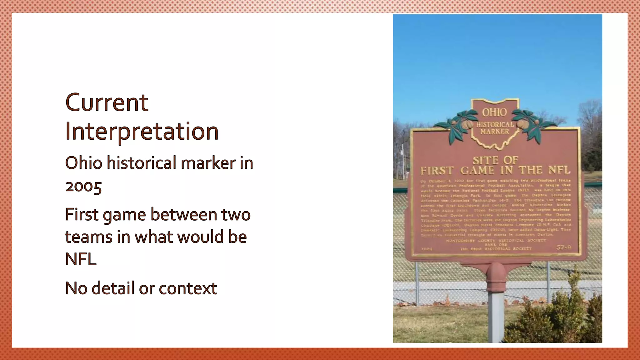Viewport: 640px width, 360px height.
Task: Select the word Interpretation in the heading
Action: pyautogui.click(x=142, y=132)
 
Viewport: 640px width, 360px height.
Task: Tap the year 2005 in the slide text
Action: pyautogui.click(x=83, y=187)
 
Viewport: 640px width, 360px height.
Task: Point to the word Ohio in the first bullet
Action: pyautogui.click(x=83, y=163)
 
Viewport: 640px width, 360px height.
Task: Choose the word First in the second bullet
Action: pyautogui.click(x=82, y=215)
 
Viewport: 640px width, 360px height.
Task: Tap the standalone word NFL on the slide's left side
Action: pyautogui.click(x=81, y=259)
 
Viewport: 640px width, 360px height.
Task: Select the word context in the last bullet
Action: pyautogui.click(x=188, y=288)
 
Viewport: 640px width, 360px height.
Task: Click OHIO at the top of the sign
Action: pyautogui.click(x=494, y=112)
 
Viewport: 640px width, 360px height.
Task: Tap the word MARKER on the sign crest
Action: pyautogui.click(x=495, y=132)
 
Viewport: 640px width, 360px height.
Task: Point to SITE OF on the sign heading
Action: pyautogui.click(x=495, y=160)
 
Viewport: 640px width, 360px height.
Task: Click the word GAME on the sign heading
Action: pyautogui.click(x=477, y=171)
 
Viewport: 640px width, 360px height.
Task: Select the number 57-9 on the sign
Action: pyautogui.click(x=564, y=248)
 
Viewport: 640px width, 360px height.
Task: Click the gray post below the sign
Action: pyautogui.click(x=496, y=316)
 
